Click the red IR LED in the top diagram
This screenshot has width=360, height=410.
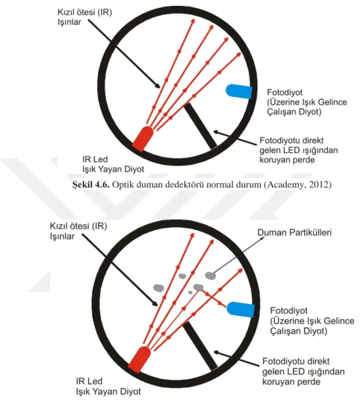(x=143, y=139)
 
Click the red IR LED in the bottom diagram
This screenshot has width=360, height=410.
(x=140, y=359)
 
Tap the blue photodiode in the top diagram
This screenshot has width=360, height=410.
(x=239, y=91)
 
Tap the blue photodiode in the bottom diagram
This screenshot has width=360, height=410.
(x=240, y=309)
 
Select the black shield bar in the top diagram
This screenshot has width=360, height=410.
(x=200, y=126)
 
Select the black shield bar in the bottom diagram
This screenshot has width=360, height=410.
(x=200, y=346)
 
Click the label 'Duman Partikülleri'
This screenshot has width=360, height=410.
(x=295, y=232)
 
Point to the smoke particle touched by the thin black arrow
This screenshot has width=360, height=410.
(x=210, y=276)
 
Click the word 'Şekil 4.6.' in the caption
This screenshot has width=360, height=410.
(x=91, y=185)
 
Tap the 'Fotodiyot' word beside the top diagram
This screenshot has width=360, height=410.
(x=284, y=92)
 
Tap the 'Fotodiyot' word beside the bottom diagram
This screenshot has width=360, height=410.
(x=288, y=311)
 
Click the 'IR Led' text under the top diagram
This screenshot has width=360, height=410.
(x=95, y=159)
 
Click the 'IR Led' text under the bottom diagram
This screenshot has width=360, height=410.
(x=89, y=381)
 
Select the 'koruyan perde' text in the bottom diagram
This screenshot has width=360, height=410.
(x=291, y=382)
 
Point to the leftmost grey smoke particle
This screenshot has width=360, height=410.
(x=158, y=288)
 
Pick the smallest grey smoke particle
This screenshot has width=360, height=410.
(x=191, y=292)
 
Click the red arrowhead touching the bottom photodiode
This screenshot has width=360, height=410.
(x=224, y=305)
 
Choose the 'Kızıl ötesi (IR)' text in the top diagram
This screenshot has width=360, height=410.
(x=85, y=12)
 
